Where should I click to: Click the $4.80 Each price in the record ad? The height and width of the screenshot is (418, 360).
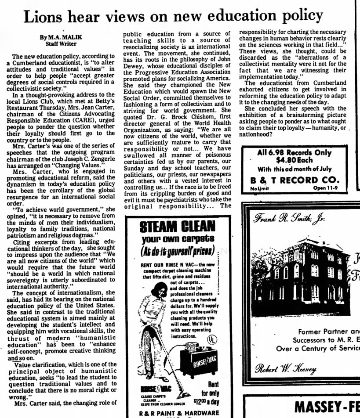coord(294,161)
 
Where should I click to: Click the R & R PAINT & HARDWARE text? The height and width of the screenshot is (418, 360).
coord(178,413)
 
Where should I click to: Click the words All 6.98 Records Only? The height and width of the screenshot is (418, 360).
coord(295,153)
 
